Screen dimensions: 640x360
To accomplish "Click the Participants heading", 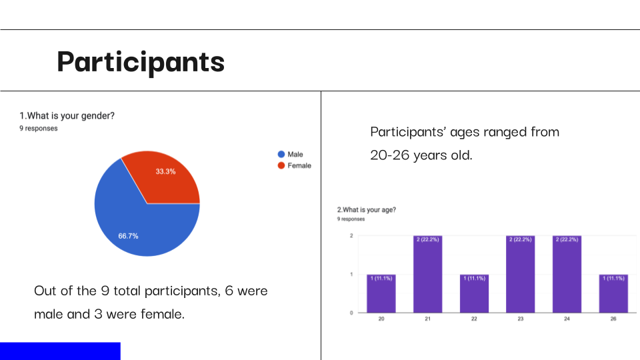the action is (x=141, y=62).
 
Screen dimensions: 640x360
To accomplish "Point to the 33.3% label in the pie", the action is (x=165, y=171).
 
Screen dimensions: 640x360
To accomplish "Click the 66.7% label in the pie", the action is (x=128, y=236).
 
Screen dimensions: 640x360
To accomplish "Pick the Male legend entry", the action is (x=290, y=154).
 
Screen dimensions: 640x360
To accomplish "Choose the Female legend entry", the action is (x=294, y=165).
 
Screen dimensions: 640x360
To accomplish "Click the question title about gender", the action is (x=67, y=116).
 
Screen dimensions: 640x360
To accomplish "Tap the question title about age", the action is (x=367, y=210).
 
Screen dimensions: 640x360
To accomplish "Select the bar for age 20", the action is (x=381, y=293).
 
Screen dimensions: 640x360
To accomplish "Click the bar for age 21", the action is (x=428, y=274).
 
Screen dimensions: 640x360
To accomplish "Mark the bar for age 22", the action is (x=474, y=293).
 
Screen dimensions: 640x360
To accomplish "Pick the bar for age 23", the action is (x=521, y=274).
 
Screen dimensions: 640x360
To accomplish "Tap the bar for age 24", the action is (x=567, y=274).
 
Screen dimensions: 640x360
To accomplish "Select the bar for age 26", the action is (x=613, y=293).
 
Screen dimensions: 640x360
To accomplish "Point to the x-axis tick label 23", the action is (x=521, y=319).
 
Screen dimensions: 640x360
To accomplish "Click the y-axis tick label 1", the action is (x=351, y=274).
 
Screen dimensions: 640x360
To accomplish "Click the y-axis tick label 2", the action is (x=351, y=235).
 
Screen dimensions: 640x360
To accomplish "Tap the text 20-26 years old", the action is (x=421, y=155).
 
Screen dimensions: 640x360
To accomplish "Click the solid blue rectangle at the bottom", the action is (x=60, y=351).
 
